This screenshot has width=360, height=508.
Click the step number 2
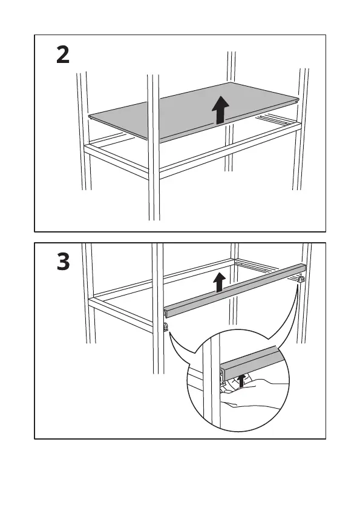(x=63, y=54)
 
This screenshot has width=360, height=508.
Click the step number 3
(x=63, y=262)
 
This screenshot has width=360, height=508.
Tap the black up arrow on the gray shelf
(x=220, y=110)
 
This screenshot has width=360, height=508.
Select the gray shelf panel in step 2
(x=194, y=111)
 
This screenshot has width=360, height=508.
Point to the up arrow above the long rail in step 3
(x=220, y=282)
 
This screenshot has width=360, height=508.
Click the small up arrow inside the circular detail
(x=241, y=381)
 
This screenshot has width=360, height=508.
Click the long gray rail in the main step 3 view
(x=235, y=290)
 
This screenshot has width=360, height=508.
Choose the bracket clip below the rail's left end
(x=166, y=328)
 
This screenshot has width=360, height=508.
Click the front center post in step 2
(x=154, y=147)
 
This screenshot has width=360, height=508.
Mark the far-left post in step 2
(x=83, y=131)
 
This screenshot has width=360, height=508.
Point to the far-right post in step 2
(x=301, y=129)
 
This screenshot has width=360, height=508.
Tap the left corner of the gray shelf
(x=89, y=116)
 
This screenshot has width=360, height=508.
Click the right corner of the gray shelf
(x=299, y=99)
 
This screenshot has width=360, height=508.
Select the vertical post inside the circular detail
(x=212, y=382)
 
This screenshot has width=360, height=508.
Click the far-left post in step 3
(x=88, y=293)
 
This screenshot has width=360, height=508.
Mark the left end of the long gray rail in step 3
(x=166, y=313)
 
